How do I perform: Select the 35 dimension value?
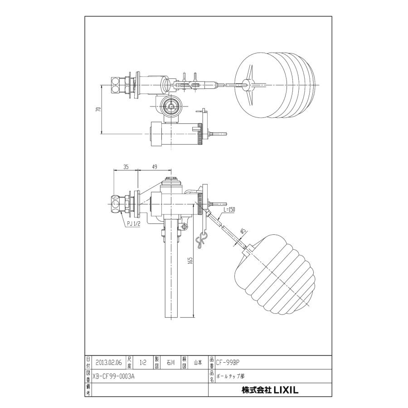coord(126,167)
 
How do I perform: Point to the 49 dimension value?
coord(154,167)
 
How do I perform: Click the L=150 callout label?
coord(229,209)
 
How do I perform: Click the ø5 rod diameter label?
coord(243,232)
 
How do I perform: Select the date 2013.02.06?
coord(109,363)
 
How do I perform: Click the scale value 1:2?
coord(143,363)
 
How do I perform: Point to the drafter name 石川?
coord(170,363)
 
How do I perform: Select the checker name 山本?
coord(198,363)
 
